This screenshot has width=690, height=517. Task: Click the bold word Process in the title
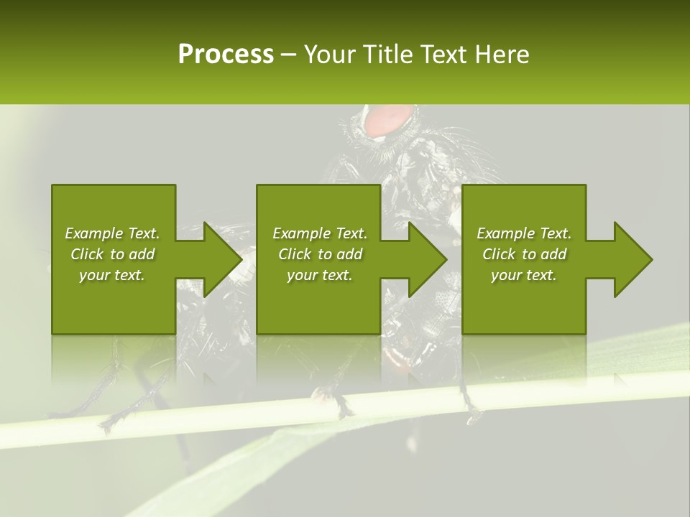[x=226, y=55]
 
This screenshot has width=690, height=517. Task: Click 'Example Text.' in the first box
[x=112, y=233]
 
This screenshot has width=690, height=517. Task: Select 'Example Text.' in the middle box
[x=320, y=233]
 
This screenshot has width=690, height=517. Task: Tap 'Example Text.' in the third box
[x=524, y=233]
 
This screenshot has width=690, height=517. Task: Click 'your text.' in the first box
[x=112, y=275]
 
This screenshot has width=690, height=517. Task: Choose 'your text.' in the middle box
[x=320, y=275]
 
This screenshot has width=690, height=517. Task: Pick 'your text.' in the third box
[x=524, y=275]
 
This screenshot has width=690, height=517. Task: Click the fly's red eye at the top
[x=389, y=120]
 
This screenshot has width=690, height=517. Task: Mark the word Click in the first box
[x=87, y=254]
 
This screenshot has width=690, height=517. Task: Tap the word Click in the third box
[x=499, y=254]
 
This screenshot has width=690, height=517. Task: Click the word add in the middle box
[x=349, y=254]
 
